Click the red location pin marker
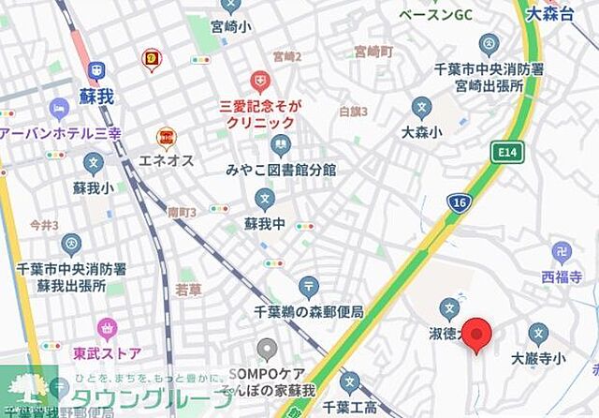pyautogui.click(x=478, y=335)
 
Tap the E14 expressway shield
pyautogui.click(x=509, y=151)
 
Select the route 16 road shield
pyautogui.click(x=459, y=203)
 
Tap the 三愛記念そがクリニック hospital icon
pyautogui.click(x=259, y=82)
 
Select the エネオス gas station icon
pyautogui.click(x=167, y=138)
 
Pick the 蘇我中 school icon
pyautogui.click(x=265, y=199)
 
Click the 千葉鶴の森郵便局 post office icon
pyautogui.click(x=309, y=287)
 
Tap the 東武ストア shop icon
pyautogui.click(x=107, y=329)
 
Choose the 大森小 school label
pyautogui.click(x=421, y=132)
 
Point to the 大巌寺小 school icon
pyautogui.click(x=538, y=333)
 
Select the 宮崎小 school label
pyautogui.click(x=231, y=27)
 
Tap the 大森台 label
pyautogui.click(x=567, y=14)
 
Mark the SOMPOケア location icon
pyautogui.click(x=268, y=350)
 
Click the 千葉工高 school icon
pyautogui.click(x=349, y=382)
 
